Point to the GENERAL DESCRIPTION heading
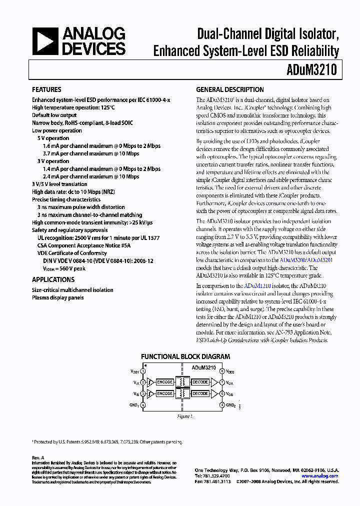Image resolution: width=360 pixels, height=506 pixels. coord(230,90)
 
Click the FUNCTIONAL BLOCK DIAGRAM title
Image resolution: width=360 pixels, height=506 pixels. coord(185,356)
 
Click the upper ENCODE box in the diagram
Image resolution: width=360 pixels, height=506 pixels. coord(165,382)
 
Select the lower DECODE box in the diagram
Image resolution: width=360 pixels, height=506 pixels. coord(200,394)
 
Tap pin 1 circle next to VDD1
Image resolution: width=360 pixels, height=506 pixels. coord(143,371)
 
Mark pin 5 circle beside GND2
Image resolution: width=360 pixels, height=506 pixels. coord(222,405)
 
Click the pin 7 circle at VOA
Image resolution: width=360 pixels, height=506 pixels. coord(222,382)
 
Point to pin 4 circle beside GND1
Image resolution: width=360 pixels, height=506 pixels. coord(143,405)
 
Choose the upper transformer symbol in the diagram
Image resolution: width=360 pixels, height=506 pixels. coord(182,382)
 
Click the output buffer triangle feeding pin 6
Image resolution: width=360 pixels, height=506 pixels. coord(214,394)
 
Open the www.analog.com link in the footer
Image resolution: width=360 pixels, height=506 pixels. coord(320,476)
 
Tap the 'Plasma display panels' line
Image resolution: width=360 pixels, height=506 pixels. coord(57,298)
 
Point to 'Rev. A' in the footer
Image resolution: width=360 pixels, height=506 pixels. coord(38,457)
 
